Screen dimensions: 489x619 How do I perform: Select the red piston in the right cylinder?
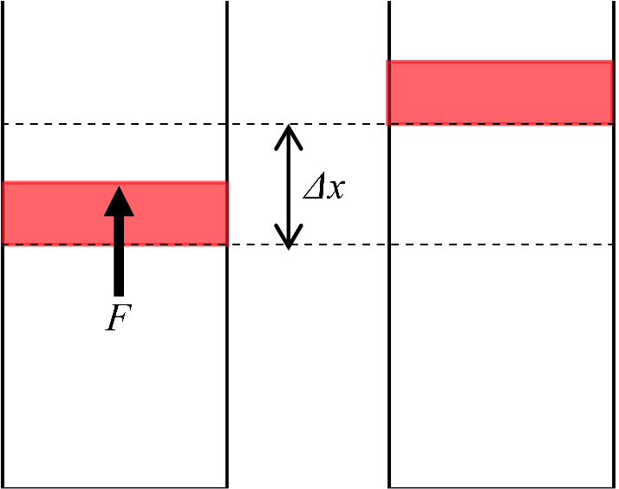click(x=499, y=92)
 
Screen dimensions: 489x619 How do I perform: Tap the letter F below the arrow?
click(x=118, y=318)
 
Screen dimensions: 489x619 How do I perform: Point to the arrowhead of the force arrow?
click(x=119, y=200)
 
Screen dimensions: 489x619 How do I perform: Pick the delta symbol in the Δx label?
click(x=313, y=188)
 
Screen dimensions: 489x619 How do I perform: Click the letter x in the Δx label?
click(x=335, y=188)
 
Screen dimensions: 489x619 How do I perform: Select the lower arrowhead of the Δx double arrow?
click(x=289, y=238)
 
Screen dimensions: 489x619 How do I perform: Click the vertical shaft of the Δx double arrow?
click(x=289, y=186)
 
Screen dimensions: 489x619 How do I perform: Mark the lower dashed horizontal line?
click(x=347, y=244)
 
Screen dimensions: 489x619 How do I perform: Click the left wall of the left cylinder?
click(x=3, y=347)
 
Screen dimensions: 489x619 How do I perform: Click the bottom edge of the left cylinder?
click(x=115, y=486)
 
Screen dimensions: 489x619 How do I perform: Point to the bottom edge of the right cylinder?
click(x=501, y=486)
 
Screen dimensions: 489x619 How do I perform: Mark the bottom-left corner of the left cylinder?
click(x=3, y=486)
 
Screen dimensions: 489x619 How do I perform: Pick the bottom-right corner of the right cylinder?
click(x=614, y=486)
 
